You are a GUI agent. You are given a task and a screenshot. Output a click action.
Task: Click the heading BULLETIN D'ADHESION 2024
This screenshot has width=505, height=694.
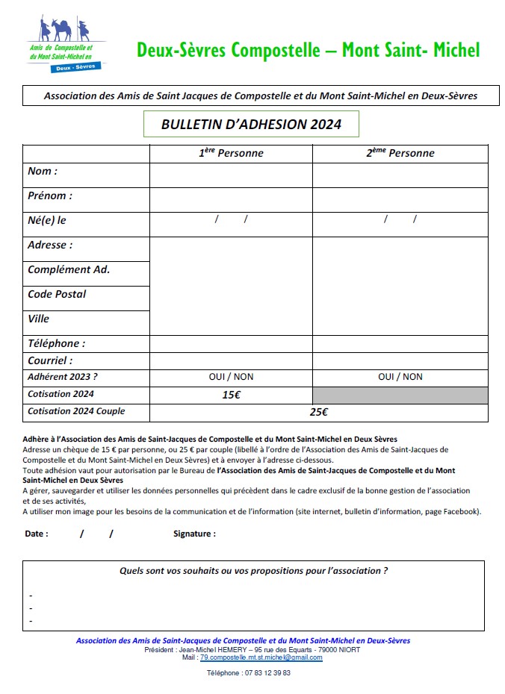click(x=251, y=125)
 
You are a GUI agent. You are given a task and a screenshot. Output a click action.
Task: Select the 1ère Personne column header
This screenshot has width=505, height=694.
click(x=231, y=153)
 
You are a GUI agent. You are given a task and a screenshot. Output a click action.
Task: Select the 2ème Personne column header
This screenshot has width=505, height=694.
click(x=400, y=153)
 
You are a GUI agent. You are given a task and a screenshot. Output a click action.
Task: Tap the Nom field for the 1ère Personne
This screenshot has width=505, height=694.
click(x=231, y=175)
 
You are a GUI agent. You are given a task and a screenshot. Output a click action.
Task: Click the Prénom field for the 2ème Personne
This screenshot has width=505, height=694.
click(x=400, y=199)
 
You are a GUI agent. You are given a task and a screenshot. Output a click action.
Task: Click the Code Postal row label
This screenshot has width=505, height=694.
click(x=57, y=294)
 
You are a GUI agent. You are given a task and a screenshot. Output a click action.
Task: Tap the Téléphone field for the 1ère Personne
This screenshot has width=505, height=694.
click(x=231, y=344)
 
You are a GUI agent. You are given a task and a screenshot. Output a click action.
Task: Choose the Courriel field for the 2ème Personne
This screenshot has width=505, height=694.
click(x=400, y=360)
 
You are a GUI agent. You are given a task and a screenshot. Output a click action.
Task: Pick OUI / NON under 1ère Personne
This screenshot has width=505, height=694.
click(x=231, y=377)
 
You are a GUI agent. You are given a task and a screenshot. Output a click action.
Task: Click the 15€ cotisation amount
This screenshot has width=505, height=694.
click(x=231, y=395)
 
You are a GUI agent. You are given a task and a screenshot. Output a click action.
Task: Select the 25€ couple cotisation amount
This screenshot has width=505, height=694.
click(x=319, y=412)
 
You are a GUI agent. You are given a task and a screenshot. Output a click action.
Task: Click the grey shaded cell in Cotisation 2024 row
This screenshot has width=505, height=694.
click(x=400, y=395)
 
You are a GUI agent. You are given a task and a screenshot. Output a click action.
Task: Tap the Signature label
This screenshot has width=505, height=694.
click(x=194, y=534)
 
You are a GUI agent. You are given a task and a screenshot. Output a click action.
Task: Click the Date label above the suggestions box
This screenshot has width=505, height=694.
click(x=37, y=534)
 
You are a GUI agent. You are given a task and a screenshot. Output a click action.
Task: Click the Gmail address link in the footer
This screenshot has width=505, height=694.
click(x=261, y=657)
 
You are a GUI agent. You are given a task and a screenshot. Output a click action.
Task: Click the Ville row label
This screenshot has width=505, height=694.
click(x=39, y=319)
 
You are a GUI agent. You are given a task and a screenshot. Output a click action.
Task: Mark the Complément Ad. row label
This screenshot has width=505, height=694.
click(x=69, y=269)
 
